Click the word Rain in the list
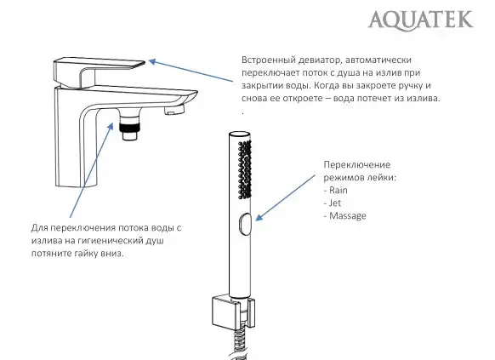tap(339, 191)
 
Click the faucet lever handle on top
tap(98, 68)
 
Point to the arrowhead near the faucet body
tap(111, 125)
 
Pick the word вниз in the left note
tap(125, 254)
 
